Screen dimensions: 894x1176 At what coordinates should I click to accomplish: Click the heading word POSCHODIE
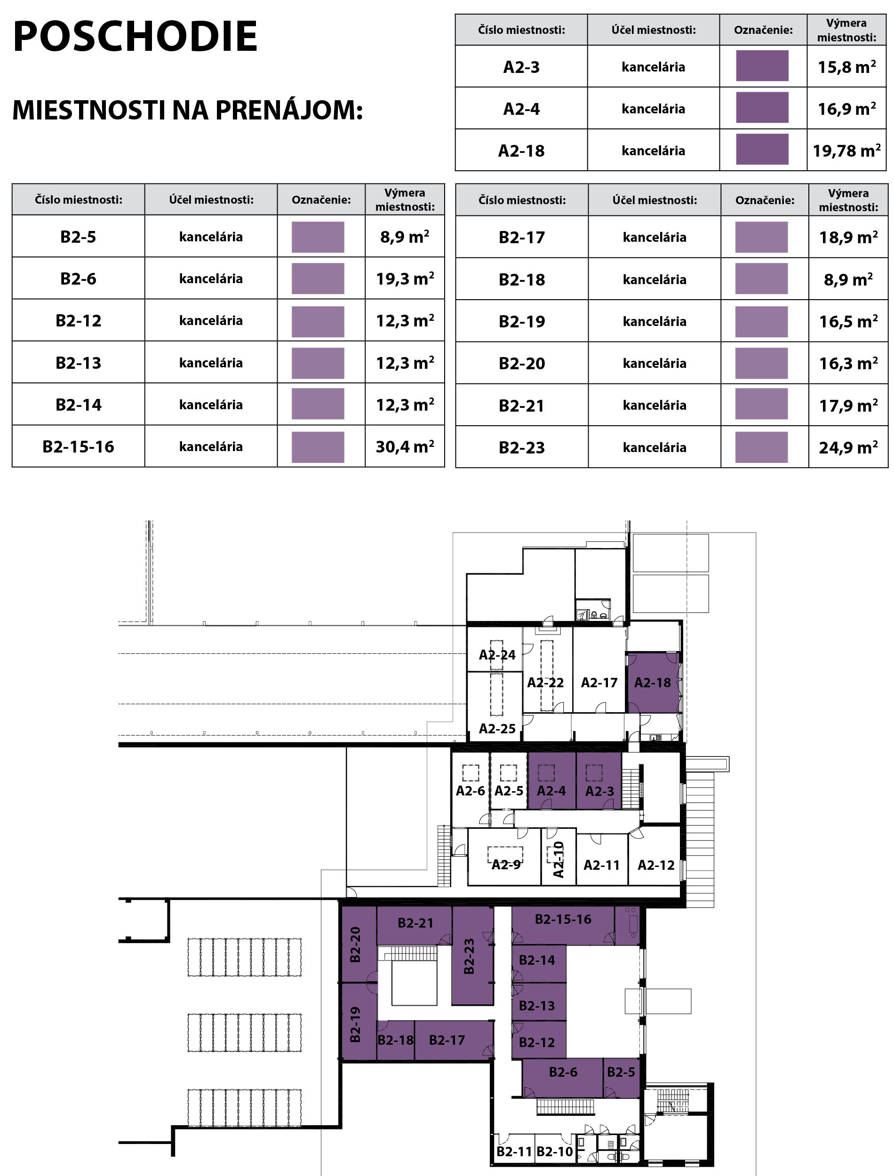pos(135,36)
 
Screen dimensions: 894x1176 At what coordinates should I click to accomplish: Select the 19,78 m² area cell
pos(846,151)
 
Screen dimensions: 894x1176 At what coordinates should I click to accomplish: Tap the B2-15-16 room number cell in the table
pos(78,446)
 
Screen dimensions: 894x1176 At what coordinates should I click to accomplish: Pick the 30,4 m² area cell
pos(405,446)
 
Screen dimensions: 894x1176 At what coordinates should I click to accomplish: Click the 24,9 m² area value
pos(848,447)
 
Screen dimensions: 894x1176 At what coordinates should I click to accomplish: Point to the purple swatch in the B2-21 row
pos(761,404)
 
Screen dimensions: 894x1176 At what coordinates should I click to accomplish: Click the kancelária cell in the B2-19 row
pos(655,321)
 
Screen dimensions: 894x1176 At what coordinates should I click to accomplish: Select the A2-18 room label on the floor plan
pos(653,683)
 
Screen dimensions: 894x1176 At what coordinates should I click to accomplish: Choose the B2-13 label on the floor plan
pos(536,1006)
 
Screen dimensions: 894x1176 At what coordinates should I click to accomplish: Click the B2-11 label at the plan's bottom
pos(514,1152)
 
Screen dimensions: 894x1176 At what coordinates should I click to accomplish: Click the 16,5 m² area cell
pos(848,321)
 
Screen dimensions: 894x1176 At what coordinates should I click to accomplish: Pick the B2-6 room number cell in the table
pos(78,278)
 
